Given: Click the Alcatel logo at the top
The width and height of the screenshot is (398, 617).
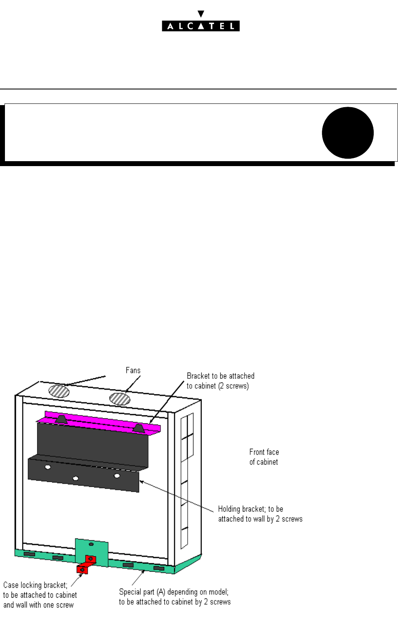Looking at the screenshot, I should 200,26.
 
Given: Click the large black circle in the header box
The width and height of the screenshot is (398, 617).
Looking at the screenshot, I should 347,133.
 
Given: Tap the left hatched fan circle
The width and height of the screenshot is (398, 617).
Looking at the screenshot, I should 59,391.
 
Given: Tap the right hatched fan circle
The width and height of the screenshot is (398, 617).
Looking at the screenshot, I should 120,399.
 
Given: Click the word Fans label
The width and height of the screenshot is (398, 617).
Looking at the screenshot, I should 133,370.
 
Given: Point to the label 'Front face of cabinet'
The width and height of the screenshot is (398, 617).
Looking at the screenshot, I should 264,457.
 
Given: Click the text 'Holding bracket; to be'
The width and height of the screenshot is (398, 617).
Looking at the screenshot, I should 250,509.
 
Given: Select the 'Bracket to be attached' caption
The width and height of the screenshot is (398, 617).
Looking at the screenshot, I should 220,376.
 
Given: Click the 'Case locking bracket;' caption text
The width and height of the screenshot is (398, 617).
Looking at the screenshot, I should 35,585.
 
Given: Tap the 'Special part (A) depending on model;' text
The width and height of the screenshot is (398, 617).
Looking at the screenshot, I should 174,592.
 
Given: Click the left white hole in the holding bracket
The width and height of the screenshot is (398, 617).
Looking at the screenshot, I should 48,467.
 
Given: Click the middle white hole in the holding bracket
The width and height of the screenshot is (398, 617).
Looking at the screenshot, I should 76,479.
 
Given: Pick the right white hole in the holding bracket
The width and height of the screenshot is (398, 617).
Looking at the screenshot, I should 117,476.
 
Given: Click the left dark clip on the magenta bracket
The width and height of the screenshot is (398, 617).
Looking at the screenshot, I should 61,420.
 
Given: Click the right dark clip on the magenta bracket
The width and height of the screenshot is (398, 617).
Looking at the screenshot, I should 138,428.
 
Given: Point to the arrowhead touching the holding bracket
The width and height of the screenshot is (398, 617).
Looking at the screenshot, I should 142,481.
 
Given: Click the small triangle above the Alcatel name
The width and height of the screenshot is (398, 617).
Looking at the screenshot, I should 200,14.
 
